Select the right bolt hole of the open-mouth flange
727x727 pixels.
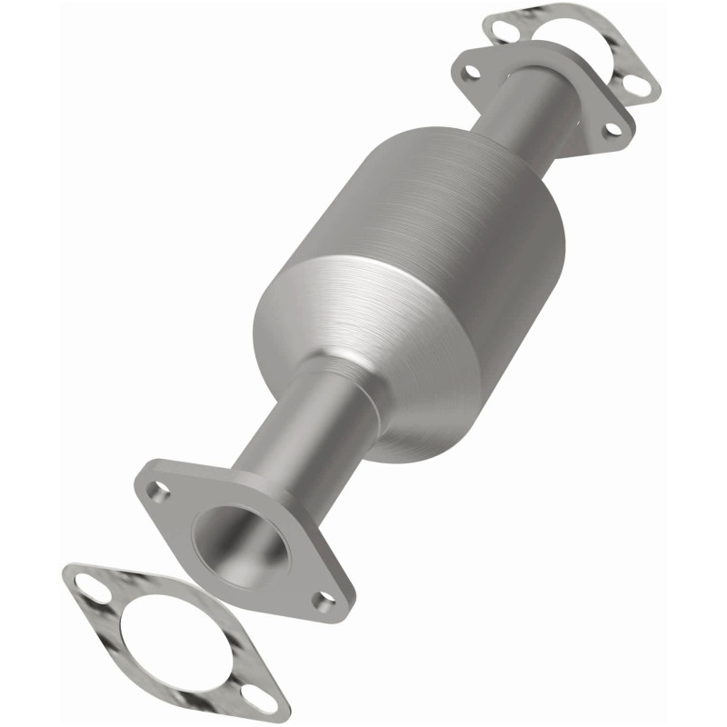pos(322,599)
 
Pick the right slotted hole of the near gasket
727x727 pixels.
pos(258,699)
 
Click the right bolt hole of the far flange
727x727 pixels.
pos(612,128)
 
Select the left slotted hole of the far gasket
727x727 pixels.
pos(503,30)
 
